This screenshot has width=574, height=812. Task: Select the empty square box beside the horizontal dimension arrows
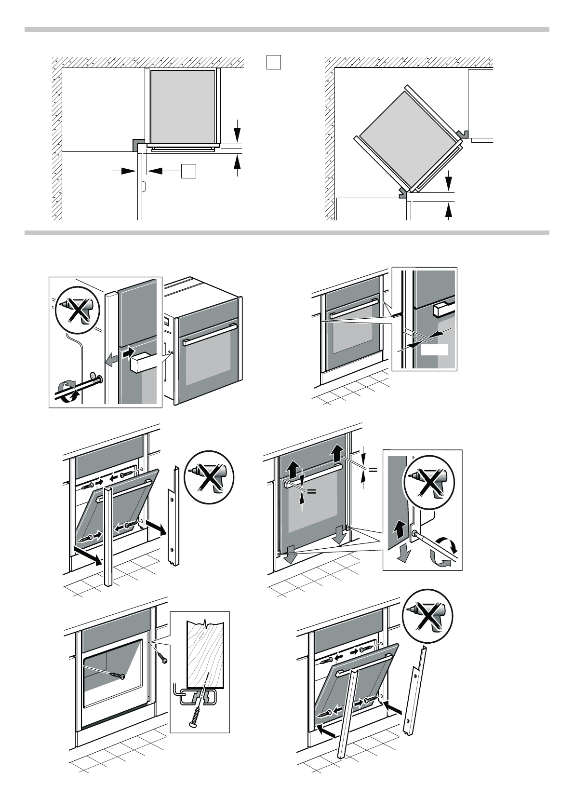(x=189, y=171)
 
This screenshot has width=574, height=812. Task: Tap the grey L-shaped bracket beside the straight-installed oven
(x=137, y=144)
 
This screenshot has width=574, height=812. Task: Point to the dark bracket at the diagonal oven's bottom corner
(x=402, y=192)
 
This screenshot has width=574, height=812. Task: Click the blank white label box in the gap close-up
(x=434, y=350)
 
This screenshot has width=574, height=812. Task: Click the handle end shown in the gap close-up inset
(x=441, y=309)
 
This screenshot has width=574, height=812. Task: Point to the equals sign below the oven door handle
(x=311, y=491)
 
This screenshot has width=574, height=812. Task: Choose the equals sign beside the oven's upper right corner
(x=373, y=470)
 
